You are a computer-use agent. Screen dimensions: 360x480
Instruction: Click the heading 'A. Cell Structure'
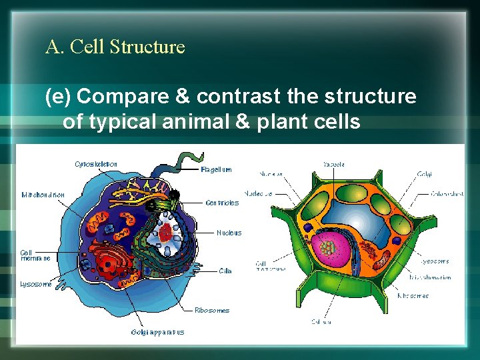115,47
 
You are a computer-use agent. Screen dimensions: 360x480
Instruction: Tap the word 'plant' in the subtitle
299,122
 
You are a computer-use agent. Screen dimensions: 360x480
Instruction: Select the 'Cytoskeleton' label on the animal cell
96,164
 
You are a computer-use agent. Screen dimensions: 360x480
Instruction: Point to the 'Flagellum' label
216,169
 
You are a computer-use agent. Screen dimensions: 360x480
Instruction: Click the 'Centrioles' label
222,203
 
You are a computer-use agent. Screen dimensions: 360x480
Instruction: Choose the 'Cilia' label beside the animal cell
225,271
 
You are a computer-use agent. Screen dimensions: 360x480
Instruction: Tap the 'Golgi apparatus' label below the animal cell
157,332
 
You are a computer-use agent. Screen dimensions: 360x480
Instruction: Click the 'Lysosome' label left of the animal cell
35,284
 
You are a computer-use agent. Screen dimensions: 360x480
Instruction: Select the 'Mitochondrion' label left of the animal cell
43,195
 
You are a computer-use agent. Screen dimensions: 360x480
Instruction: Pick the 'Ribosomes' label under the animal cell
212,310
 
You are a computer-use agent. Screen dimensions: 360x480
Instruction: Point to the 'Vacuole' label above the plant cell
333,164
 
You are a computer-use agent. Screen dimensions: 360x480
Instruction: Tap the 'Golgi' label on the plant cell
424,175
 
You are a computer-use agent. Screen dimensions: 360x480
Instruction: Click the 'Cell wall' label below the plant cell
320,321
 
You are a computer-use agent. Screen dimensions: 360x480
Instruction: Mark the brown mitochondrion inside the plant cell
381,259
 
